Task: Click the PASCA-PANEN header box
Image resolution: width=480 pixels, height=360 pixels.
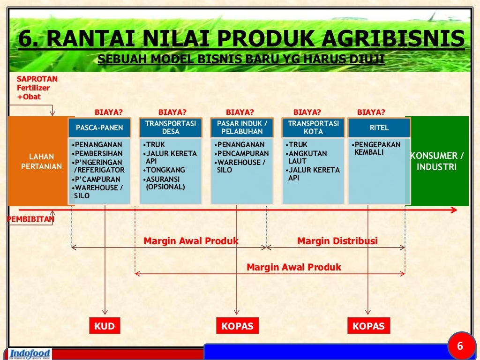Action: coord(99,127)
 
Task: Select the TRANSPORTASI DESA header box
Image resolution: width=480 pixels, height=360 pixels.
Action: coord(171,127)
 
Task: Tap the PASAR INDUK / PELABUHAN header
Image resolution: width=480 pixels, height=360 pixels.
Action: coord(242,127)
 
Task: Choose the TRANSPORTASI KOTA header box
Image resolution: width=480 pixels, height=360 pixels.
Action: coord(313,127)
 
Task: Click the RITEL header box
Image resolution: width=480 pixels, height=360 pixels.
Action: coord(379,127)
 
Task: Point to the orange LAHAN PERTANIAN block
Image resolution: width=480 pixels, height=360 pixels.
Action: coord(41,161)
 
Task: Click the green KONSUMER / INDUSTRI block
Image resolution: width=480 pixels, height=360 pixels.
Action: coord(437,161)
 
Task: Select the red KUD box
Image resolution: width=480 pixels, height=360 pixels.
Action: coord(105,326)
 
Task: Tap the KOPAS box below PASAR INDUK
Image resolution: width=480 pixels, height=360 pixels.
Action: coord(237,326)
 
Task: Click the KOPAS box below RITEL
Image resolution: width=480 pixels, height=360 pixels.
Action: coord(368,326)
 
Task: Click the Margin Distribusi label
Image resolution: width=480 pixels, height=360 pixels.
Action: coord(337,241)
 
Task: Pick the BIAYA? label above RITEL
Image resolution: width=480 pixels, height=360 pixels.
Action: coord(371,112)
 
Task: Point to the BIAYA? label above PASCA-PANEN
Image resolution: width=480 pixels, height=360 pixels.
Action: coord(109,112)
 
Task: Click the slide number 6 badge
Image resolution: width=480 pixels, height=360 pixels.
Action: coord(460,346)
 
